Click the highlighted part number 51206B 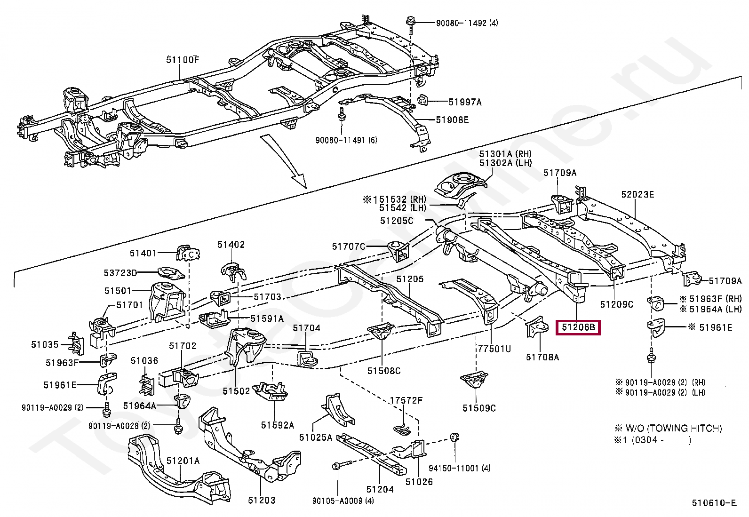click(578, 327)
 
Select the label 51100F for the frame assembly click(182, 60)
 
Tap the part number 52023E click(637, 194)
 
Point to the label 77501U click(494, 349)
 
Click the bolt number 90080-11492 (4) click(467, 23)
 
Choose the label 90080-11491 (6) click(346, 140)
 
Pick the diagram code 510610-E click(713, 503)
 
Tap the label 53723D click(120, 273)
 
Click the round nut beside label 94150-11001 click(454, 437)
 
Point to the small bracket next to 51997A click(422, 100)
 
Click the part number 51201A click(183, 461)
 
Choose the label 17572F click(406, 400)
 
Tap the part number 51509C click(479, 408)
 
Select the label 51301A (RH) click(505, 154)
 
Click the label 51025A click(315, 437)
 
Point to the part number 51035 click(45, 344)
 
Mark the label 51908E click(452, 120)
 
